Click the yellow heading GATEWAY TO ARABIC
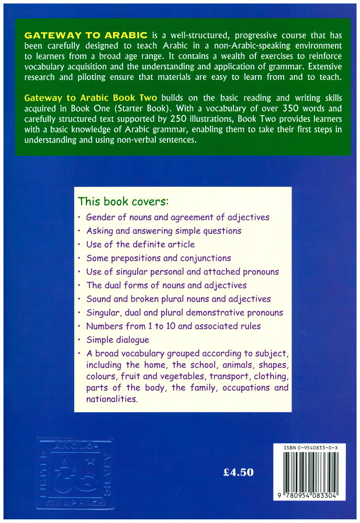(x=86, y=36)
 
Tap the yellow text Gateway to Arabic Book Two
(x=91, y=99)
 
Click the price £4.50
(x=238, y=472)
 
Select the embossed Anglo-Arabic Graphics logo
(x=75, y=474)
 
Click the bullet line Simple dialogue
(x=117, y=340)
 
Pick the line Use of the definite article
(x=140, y=244)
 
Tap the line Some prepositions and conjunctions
(x=158, y=258)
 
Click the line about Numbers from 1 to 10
(x=173, y=326)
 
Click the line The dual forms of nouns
(x=166, y=286)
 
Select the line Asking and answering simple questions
(x=163, y=231)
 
